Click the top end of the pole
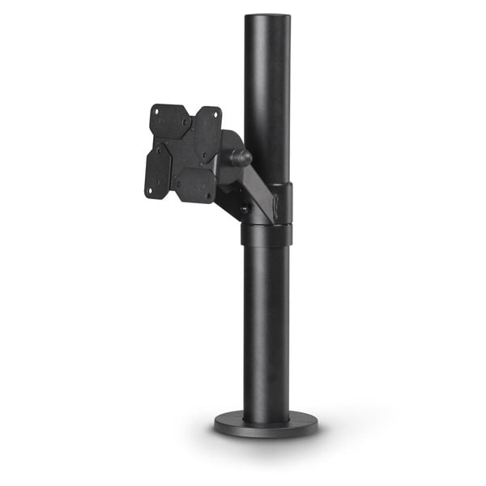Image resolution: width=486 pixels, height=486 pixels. [x=266, y=18]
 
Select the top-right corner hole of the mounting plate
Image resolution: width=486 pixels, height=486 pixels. [x=216, y=116]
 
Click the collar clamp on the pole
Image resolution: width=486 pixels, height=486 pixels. [x=266, y=234]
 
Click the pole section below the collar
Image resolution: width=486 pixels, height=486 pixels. [x=266, y=324]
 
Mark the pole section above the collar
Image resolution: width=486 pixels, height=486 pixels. [x=266, y=97]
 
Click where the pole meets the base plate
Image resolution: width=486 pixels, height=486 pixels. [x=266, y=411]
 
